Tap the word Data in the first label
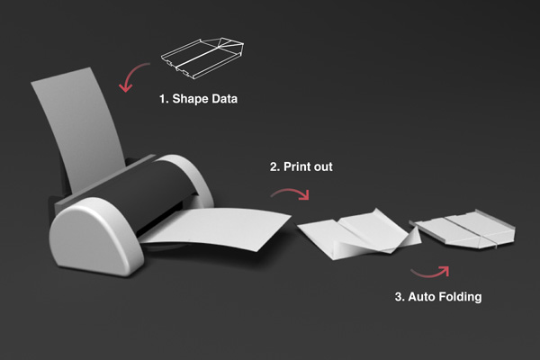pos(224,99)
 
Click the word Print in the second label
pos(297,166)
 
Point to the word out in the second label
pos(323,167)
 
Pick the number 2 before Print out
pos(274,166)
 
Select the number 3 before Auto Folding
pos(399,297)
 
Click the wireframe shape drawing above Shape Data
pos(202,58)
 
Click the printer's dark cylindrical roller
pos(138,193)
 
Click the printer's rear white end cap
pos(193,175)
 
